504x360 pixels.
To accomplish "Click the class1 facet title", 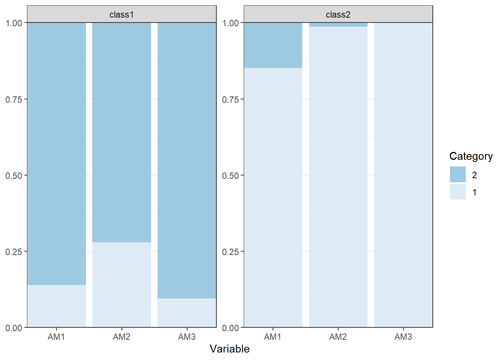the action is click(122, 15).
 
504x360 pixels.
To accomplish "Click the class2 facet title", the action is click(338, 15).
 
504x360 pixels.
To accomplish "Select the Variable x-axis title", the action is click(230, 349).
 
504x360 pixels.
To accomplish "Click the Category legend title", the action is click(471, 156).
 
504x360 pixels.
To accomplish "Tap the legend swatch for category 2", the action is click(457, 174).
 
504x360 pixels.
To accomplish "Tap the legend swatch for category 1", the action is click(457, 192).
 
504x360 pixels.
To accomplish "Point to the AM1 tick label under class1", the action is click(56, 337).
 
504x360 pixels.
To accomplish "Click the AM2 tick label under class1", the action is click(121, 337).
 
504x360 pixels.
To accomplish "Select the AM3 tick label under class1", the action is click(187, 337).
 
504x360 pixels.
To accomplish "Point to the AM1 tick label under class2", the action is click(273, 337).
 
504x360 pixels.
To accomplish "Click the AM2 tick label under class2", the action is click(338, 337).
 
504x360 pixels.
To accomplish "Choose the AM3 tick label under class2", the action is click(403, 337).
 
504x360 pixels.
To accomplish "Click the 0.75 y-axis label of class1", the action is click(13, 99).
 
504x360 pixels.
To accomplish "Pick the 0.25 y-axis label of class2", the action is click(230, 252).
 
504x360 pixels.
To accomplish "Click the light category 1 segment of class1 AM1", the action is click(57, 306).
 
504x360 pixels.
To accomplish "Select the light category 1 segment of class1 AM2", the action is click(121, 285).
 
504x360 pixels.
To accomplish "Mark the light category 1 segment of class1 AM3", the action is click(187, 313).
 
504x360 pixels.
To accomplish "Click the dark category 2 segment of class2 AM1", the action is click(273, 45).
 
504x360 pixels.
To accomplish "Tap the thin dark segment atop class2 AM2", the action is click(338, 25).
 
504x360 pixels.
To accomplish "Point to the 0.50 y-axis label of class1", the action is click(13, 176).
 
